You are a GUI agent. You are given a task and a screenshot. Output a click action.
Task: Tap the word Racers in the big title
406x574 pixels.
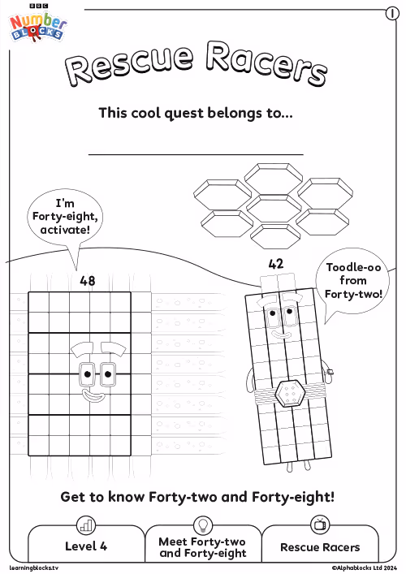(x=266, y=63)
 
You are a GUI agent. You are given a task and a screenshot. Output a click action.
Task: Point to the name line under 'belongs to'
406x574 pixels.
(x=196, y=154)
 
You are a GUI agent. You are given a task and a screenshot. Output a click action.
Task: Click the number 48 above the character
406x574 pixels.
(x=88, y=281)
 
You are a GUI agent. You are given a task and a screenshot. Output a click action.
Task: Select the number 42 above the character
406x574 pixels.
(x=275, y=264)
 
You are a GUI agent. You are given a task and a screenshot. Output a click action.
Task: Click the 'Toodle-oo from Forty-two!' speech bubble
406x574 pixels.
(x=352, y=281)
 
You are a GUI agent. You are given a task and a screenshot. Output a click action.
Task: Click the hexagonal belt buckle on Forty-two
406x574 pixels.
(x=290, y=394)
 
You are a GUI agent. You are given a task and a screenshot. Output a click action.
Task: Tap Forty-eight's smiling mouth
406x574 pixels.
(x=93, y=395)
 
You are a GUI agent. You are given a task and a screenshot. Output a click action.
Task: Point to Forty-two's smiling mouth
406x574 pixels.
(x=280, y=334)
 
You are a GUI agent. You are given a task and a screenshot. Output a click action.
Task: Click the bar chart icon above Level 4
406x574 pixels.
(x=86, y=525)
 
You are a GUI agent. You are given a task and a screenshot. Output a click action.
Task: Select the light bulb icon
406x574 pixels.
(x=202, y=525)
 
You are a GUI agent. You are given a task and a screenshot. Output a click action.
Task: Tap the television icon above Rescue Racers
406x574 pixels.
(x=320, y=524)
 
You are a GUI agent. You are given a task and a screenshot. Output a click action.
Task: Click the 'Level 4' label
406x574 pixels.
(x=86, y=546)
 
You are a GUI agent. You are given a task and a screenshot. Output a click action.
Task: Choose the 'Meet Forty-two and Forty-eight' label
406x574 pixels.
(x=202, y=547)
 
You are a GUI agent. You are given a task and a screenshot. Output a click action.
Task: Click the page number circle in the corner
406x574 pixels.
(x=392, y=14)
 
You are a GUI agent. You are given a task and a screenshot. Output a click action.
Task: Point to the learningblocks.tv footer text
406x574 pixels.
(x=33, y=568)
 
